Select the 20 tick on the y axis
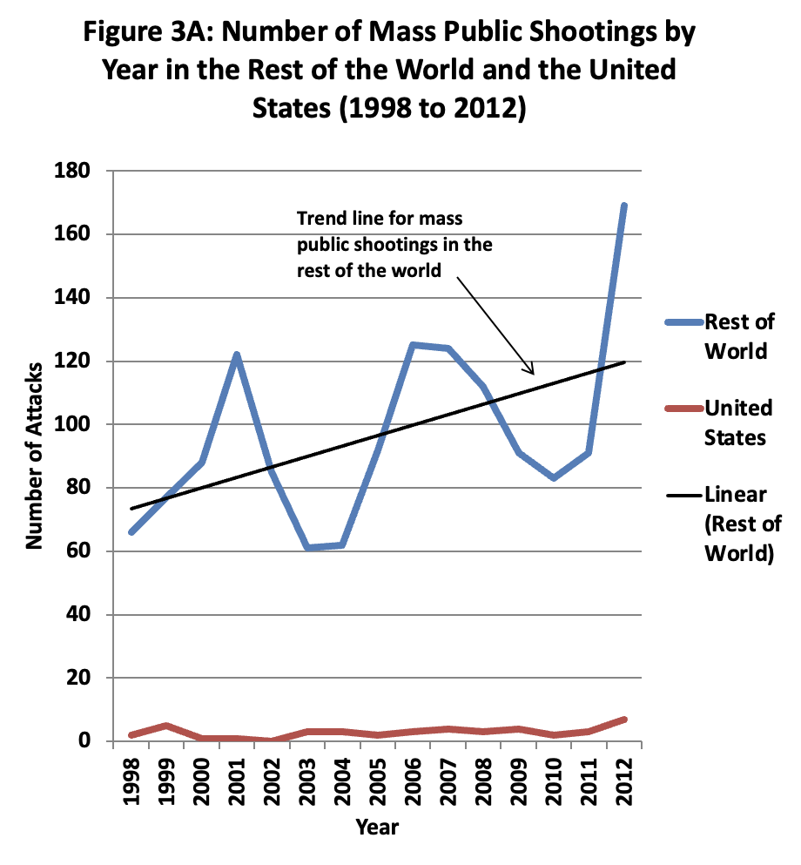point(94,678)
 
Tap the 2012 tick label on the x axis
point(623,780)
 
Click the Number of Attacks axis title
point(35,456)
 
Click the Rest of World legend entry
point(738,336)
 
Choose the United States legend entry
point(738,422)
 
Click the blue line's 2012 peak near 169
point(623,206)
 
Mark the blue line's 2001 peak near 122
point(236,355)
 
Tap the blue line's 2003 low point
point(306,548)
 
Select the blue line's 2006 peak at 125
point(413,345)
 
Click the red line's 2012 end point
point(623,720)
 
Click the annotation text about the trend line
point(394,244)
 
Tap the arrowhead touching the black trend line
point(533,372)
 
